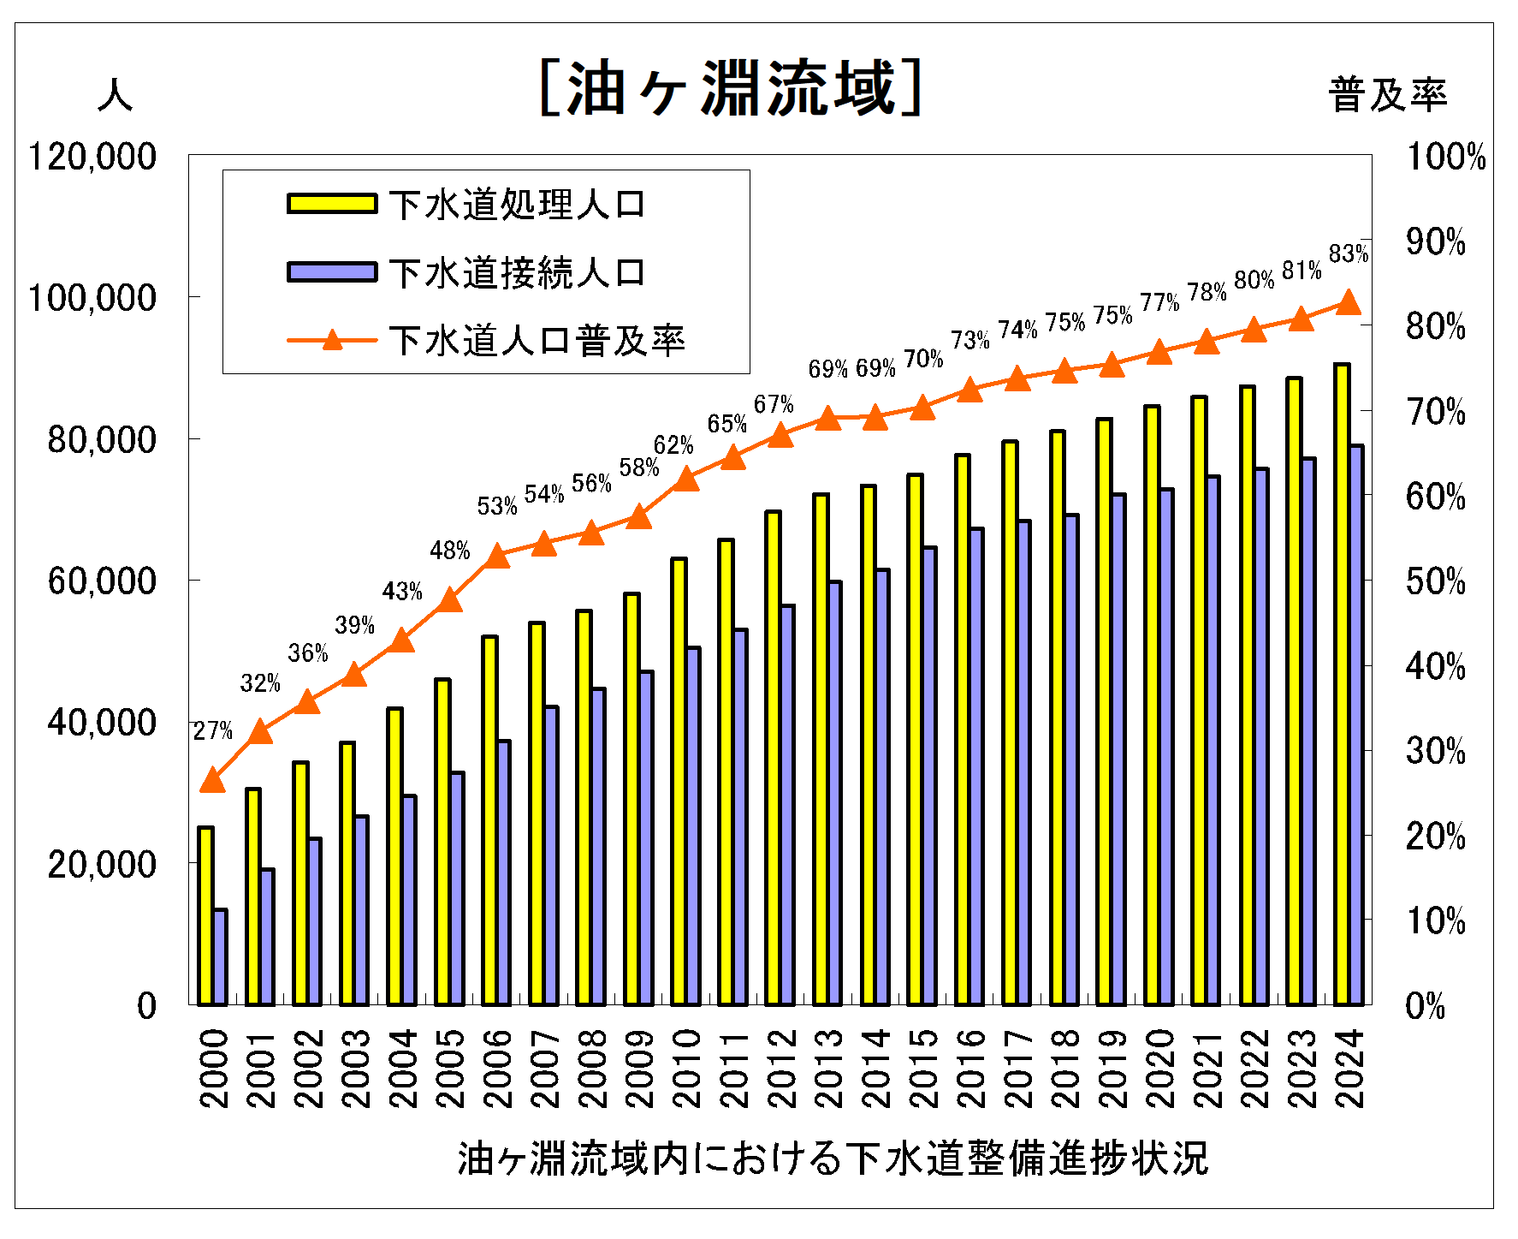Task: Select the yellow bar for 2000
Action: pyautogui.click(x=205, y=916)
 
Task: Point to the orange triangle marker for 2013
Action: pyautogui.click(x=827, y=419)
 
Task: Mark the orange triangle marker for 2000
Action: pyautogui.click(x=212, y=781)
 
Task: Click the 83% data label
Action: pyautogui.click(x=1349, y=253)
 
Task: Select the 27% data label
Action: pyautogui.click(x=212, y=730)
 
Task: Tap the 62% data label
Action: pyautogui.click(x=673, y=445)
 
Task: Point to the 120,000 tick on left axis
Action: pyautogui.click(x=92, y=157)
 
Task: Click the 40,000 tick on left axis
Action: pyautogui.click(x=102, y=723)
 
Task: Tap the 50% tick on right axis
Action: pyautogui.click(x=1435, y=581)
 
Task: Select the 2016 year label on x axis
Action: pyautogui.click(x=970, y=1068)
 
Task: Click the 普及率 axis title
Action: pyautogui.click(x=1387, y=94)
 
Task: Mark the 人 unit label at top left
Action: pyautogui.click(x=115, y=94)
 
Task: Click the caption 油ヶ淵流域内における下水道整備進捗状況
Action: pyautogui.click(x=833, y=1159)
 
